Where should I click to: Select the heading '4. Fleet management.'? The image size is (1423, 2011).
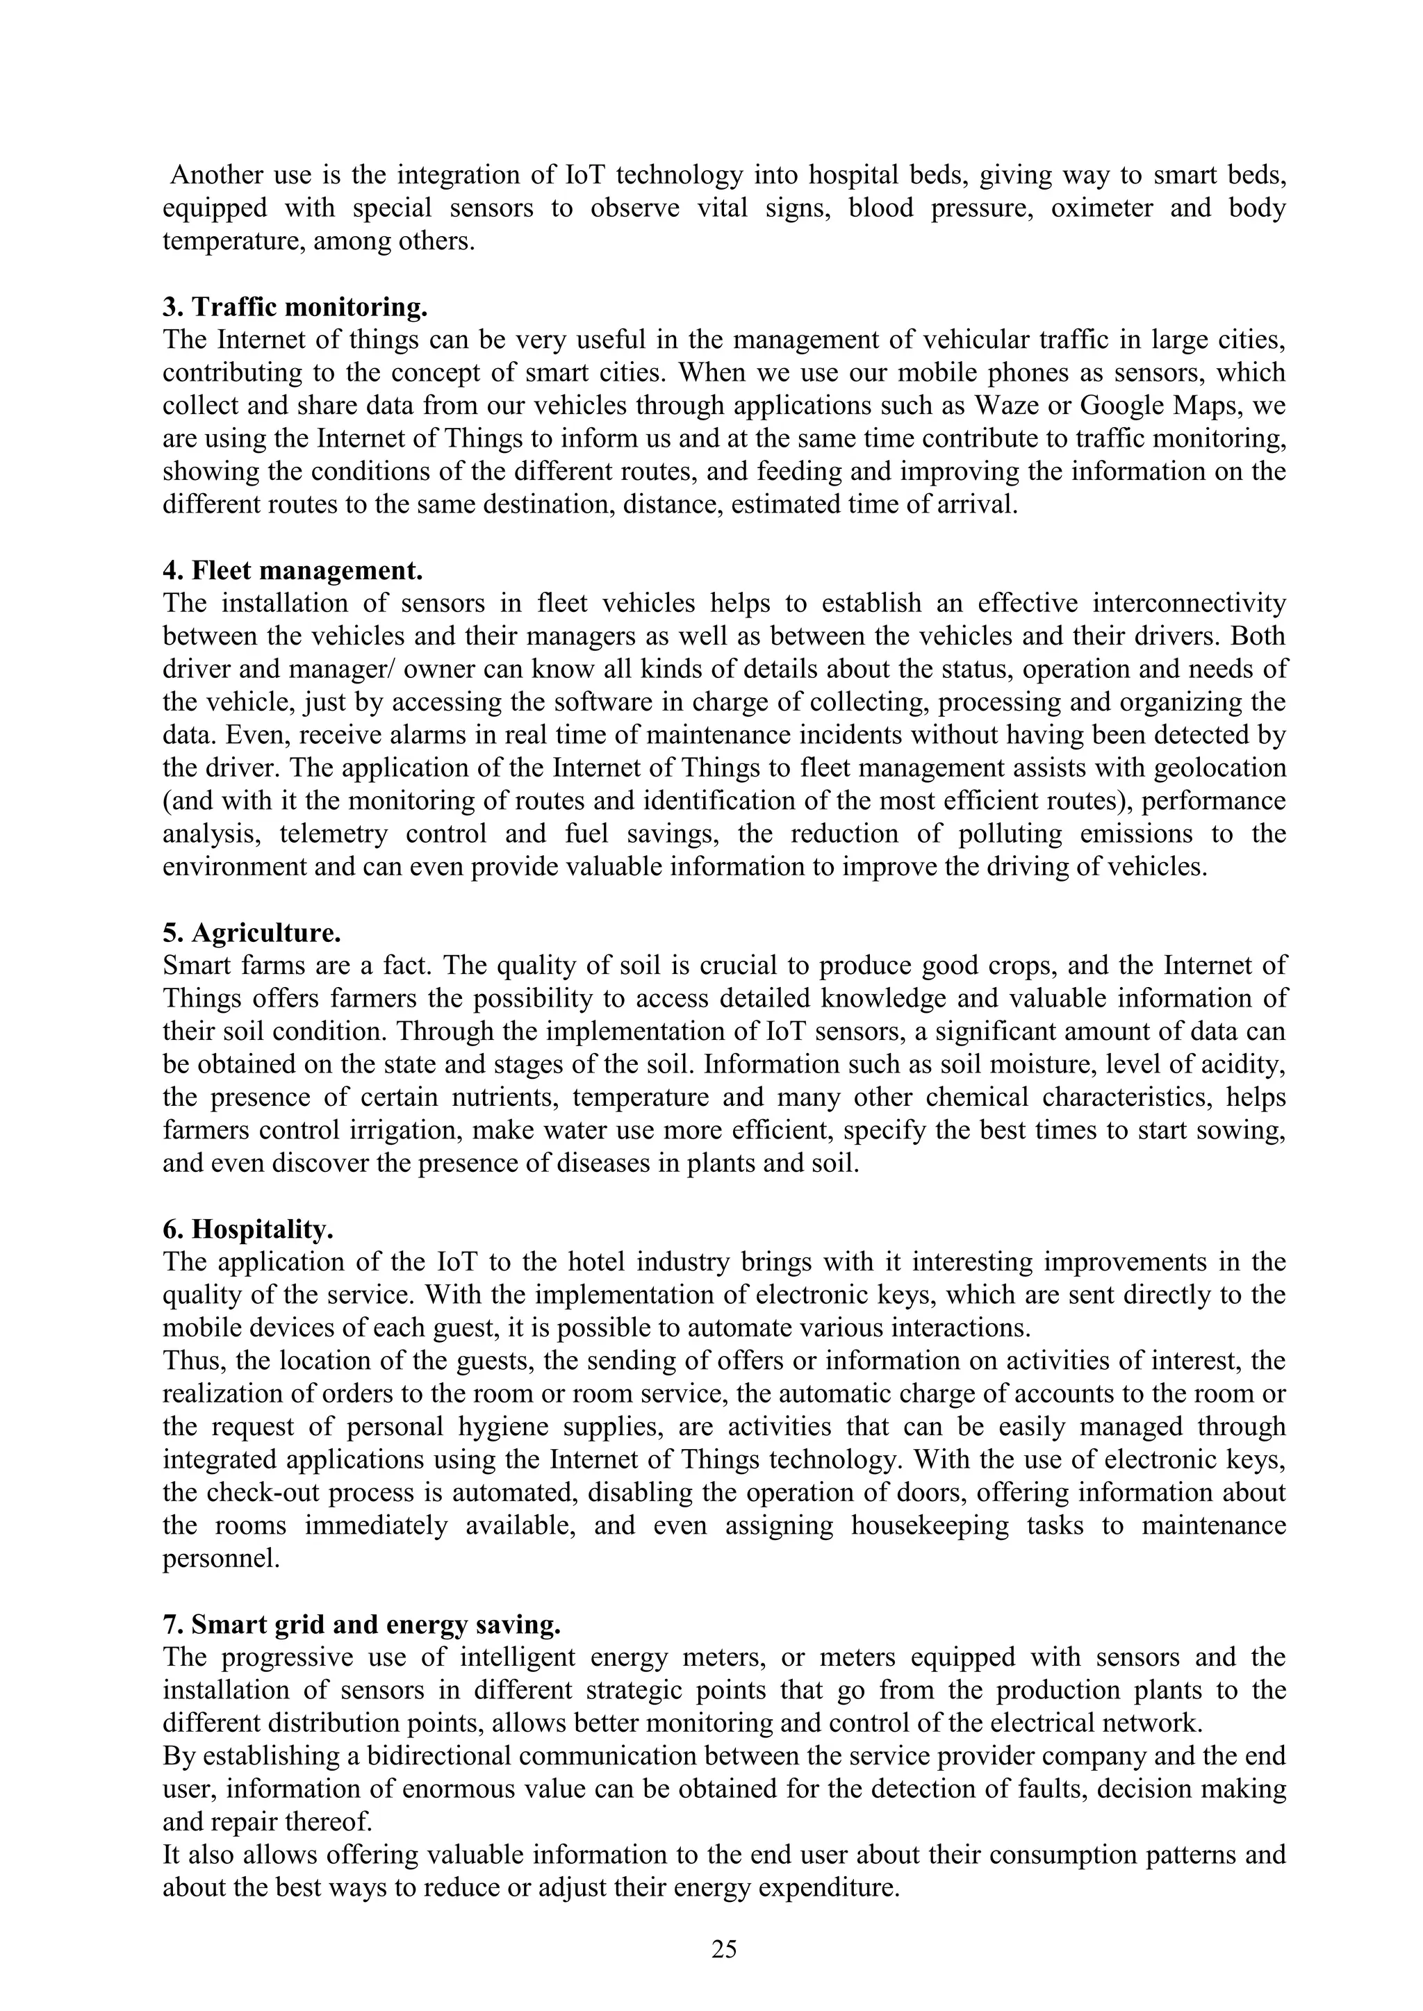coord(293,570)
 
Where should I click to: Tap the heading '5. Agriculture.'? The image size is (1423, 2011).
coord(252,933)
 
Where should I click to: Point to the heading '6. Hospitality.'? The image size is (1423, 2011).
coord(248,1229)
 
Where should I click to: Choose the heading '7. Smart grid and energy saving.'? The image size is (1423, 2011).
coord(361,1624)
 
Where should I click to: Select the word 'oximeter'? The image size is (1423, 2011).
coord(1101,208)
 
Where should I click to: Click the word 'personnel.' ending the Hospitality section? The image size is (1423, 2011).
coord(222,1558)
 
